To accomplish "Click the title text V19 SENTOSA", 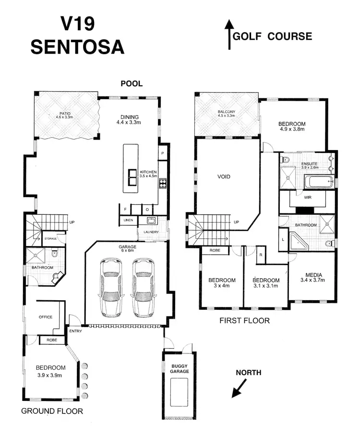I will [x=77, y=36].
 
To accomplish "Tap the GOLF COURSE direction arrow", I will [x=229, y=35].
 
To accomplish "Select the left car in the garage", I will [x=111, y=287].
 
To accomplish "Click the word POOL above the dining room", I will [x=132, y=83].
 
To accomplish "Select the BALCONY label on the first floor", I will [x=226, y=113].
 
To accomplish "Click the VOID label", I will [x=224, y=177].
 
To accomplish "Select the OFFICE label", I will [x=46, y=317].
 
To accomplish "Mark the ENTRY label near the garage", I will [x=75, y=331].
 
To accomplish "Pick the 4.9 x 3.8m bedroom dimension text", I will [x=292, y=129].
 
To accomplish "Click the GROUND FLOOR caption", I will [x=52, y=411].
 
